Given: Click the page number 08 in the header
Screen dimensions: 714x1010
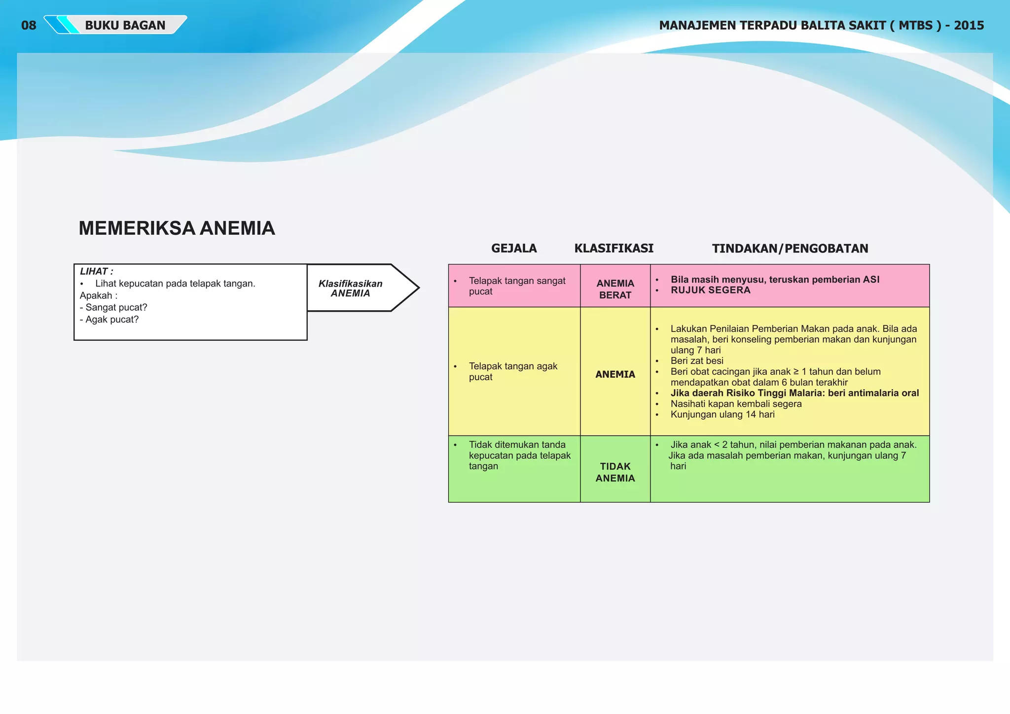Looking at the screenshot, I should point(29,25).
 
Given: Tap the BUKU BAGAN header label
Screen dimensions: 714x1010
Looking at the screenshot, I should point(125,25).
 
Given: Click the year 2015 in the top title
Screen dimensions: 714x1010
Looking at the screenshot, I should point(969,25).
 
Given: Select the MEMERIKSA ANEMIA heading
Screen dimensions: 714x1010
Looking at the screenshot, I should point(177,228).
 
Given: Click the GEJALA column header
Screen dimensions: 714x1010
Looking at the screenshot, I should point(514,248).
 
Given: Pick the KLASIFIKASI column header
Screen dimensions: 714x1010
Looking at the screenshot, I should point(613,248).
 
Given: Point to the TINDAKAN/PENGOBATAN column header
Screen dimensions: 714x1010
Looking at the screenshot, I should point(790,248).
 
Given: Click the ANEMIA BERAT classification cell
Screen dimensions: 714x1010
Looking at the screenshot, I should point(615,289).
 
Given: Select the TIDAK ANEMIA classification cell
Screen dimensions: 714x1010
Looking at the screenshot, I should point(615,472).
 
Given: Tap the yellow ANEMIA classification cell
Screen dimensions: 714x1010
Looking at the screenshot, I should point(615,374).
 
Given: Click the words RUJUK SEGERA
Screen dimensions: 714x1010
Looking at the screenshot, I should point(710,290).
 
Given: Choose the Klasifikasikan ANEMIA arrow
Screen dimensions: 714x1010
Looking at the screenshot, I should point(362,288).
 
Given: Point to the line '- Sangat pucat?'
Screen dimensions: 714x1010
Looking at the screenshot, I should point(113,307).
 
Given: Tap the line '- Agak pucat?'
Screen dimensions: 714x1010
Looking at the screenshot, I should point(109,319).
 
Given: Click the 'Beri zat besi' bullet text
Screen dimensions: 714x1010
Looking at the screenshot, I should point(696,360).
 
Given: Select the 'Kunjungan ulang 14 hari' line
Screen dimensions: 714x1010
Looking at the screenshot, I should point(722,414).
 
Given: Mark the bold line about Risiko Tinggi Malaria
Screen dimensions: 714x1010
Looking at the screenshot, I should point(794,393).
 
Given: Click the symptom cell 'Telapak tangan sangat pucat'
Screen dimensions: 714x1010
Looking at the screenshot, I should point(516,286).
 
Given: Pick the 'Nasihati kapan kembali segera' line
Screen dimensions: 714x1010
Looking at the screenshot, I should point(736,404).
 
